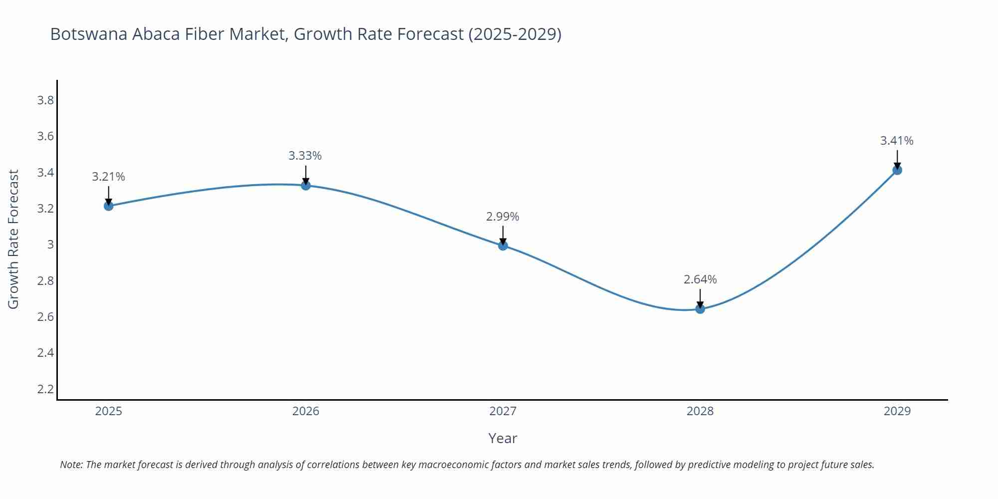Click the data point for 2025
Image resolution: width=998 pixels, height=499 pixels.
(x=108, y=206)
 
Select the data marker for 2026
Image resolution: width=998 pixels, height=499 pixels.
(x=306, y=185)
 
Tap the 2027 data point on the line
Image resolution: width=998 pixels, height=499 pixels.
(x=503, y=245)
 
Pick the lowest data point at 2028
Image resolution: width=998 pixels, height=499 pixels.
(x=700, y=309)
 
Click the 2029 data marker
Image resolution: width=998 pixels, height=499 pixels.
(x=897, y=170)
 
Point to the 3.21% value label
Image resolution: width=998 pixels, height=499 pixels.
(x=108, y=177)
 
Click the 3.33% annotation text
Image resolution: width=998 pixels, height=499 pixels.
(x=305, y=156)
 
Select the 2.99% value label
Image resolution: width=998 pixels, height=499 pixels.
(x=502, y=217)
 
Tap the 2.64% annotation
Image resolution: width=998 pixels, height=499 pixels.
(x=700, y=279)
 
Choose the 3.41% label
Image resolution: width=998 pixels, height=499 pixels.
(x=897, y=141)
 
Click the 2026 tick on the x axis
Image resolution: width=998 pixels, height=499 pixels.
(x=305, y=411)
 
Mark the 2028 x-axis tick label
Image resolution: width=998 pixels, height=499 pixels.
(x=700, y=411)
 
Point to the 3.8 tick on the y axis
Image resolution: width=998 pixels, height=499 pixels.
(x=45, y=100)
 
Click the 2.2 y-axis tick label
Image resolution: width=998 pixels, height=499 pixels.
(x=45, y=389)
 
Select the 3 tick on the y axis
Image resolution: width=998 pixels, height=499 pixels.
(x=50, y=245)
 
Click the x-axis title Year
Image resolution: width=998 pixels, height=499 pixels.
(x=502, y=438)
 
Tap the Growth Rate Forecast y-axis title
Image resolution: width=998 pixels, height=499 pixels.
(x=13, y=239)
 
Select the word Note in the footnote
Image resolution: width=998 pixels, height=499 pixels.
(x=71, y=465)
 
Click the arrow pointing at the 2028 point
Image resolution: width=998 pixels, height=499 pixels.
(x=700, y=298)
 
